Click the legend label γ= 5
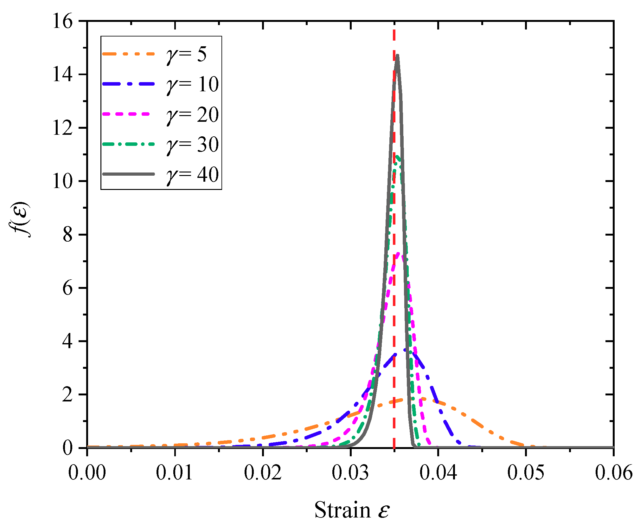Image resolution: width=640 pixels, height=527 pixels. click(x=186, y=55)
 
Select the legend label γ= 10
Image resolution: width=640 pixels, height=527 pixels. click(x=192, y=85)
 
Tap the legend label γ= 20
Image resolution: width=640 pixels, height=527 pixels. click(x=192, y=115)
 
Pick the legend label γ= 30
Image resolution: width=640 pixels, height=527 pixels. click(x=192, y=145)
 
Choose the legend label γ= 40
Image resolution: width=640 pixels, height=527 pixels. click(x=192, y=175)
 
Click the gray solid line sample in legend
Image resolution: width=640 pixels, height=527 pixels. click(x=128, y=174)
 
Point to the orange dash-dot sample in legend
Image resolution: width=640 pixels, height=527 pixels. click(x=128, y=54)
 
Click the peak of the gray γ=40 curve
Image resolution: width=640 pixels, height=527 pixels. click(x=397, y=55)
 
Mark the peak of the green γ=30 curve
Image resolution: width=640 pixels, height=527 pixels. click(x=396, y=156)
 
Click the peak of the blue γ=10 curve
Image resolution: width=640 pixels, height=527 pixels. click(x=405, y=349)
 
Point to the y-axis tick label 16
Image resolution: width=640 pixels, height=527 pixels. click(x=62, y=22)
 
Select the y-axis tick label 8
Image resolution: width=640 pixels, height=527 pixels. click(x=67, y=235)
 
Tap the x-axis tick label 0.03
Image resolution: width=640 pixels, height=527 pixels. click(x=350, y=472)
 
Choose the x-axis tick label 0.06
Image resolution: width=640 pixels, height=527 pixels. click(x=613, y=472)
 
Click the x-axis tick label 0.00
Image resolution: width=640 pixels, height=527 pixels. click(x=87, y=472)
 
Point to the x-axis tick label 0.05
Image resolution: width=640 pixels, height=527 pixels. click(x=526, y=472)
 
